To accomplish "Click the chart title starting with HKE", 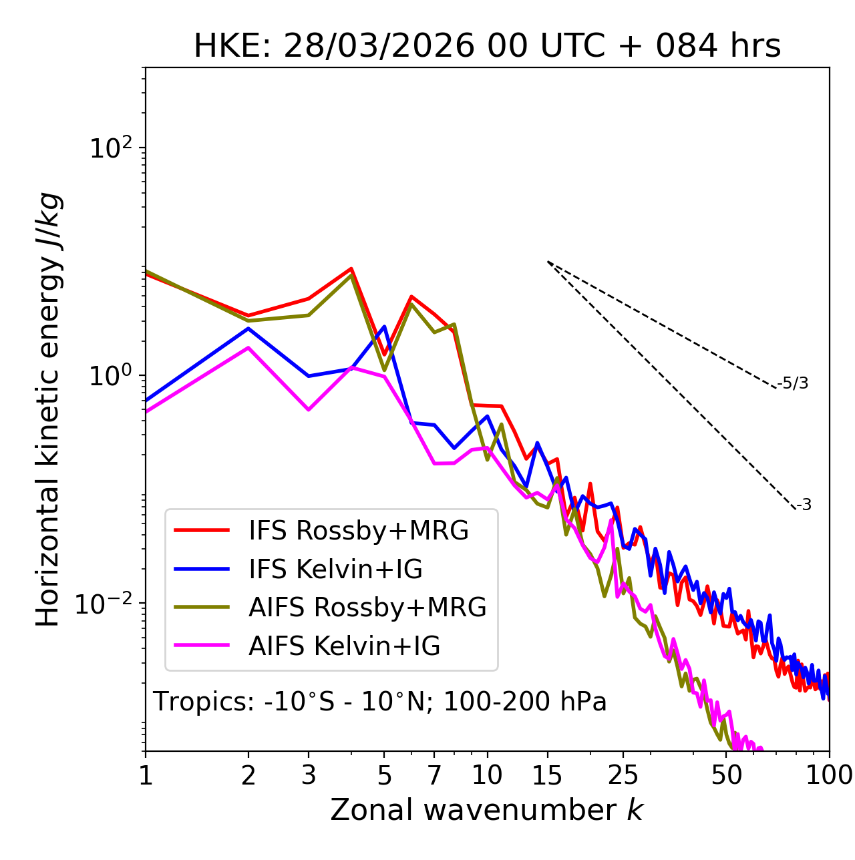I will pos(487,47).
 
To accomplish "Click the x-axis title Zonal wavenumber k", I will pos(487,810).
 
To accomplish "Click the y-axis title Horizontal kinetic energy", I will pos(49,409).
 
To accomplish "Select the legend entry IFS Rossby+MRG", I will pos(358,531).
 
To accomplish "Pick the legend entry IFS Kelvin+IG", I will pos(335,570).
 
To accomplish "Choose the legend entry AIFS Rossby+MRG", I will pos(367,608).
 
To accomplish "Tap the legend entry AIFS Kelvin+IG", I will pos(344,646).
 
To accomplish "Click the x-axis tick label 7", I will pos(434,775).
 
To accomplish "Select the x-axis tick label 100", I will pos(829,775).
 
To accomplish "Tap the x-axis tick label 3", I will pos(309,775).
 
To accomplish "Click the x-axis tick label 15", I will pos(547,775).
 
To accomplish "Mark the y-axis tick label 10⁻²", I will pos(107,604).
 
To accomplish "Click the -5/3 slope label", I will pos(793,383).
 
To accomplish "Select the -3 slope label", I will pos(804,505).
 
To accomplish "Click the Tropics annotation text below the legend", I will pos(379,702).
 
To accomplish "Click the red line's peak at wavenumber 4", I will pos(351,268).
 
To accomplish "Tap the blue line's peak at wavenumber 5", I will pos(385,327).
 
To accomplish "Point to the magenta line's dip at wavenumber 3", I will pos(309,409).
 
